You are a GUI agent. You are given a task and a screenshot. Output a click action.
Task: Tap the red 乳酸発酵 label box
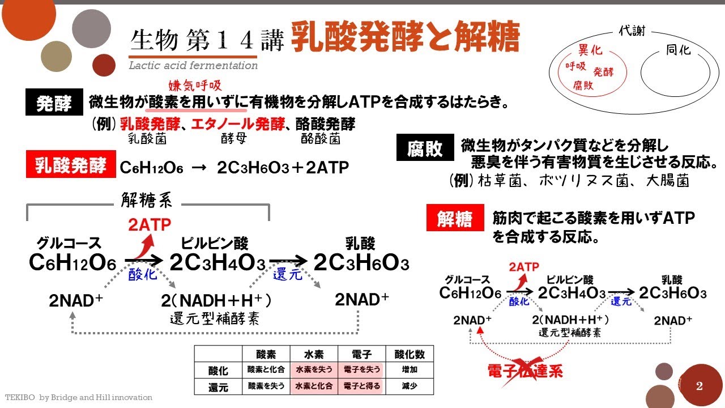[x=70, y=166]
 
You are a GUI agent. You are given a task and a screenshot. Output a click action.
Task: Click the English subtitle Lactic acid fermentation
[x=193, y=66]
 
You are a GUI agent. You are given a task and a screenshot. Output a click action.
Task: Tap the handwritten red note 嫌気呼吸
[x=195, y=86]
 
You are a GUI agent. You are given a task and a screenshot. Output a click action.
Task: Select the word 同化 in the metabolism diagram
[x=677, y=50]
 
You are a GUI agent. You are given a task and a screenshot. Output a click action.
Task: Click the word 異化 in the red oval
[x=590, y=50]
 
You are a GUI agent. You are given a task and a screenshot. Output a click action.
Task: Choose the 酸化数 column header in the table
[x=410, y=354]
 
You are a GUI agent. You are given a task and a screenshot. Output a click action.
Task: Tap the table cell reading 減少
[x=410, y=386]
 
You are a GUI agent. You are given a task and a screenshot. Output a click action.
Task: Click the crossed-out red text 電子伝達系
[x=524, y=371]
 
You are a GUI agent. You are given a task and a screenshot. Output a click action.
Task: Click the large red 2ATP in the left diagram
[x=149, y=225]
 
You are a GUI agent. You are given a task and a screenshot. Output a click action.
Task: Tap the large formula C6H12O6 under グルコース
[x=72, y=263]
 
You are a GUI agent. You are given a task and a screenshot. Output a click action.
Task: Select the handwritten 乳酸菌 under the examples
[x=146, y=138]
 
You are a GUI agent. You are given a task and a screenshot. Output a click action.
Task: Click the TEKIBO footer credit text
[x=79, y=398]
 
